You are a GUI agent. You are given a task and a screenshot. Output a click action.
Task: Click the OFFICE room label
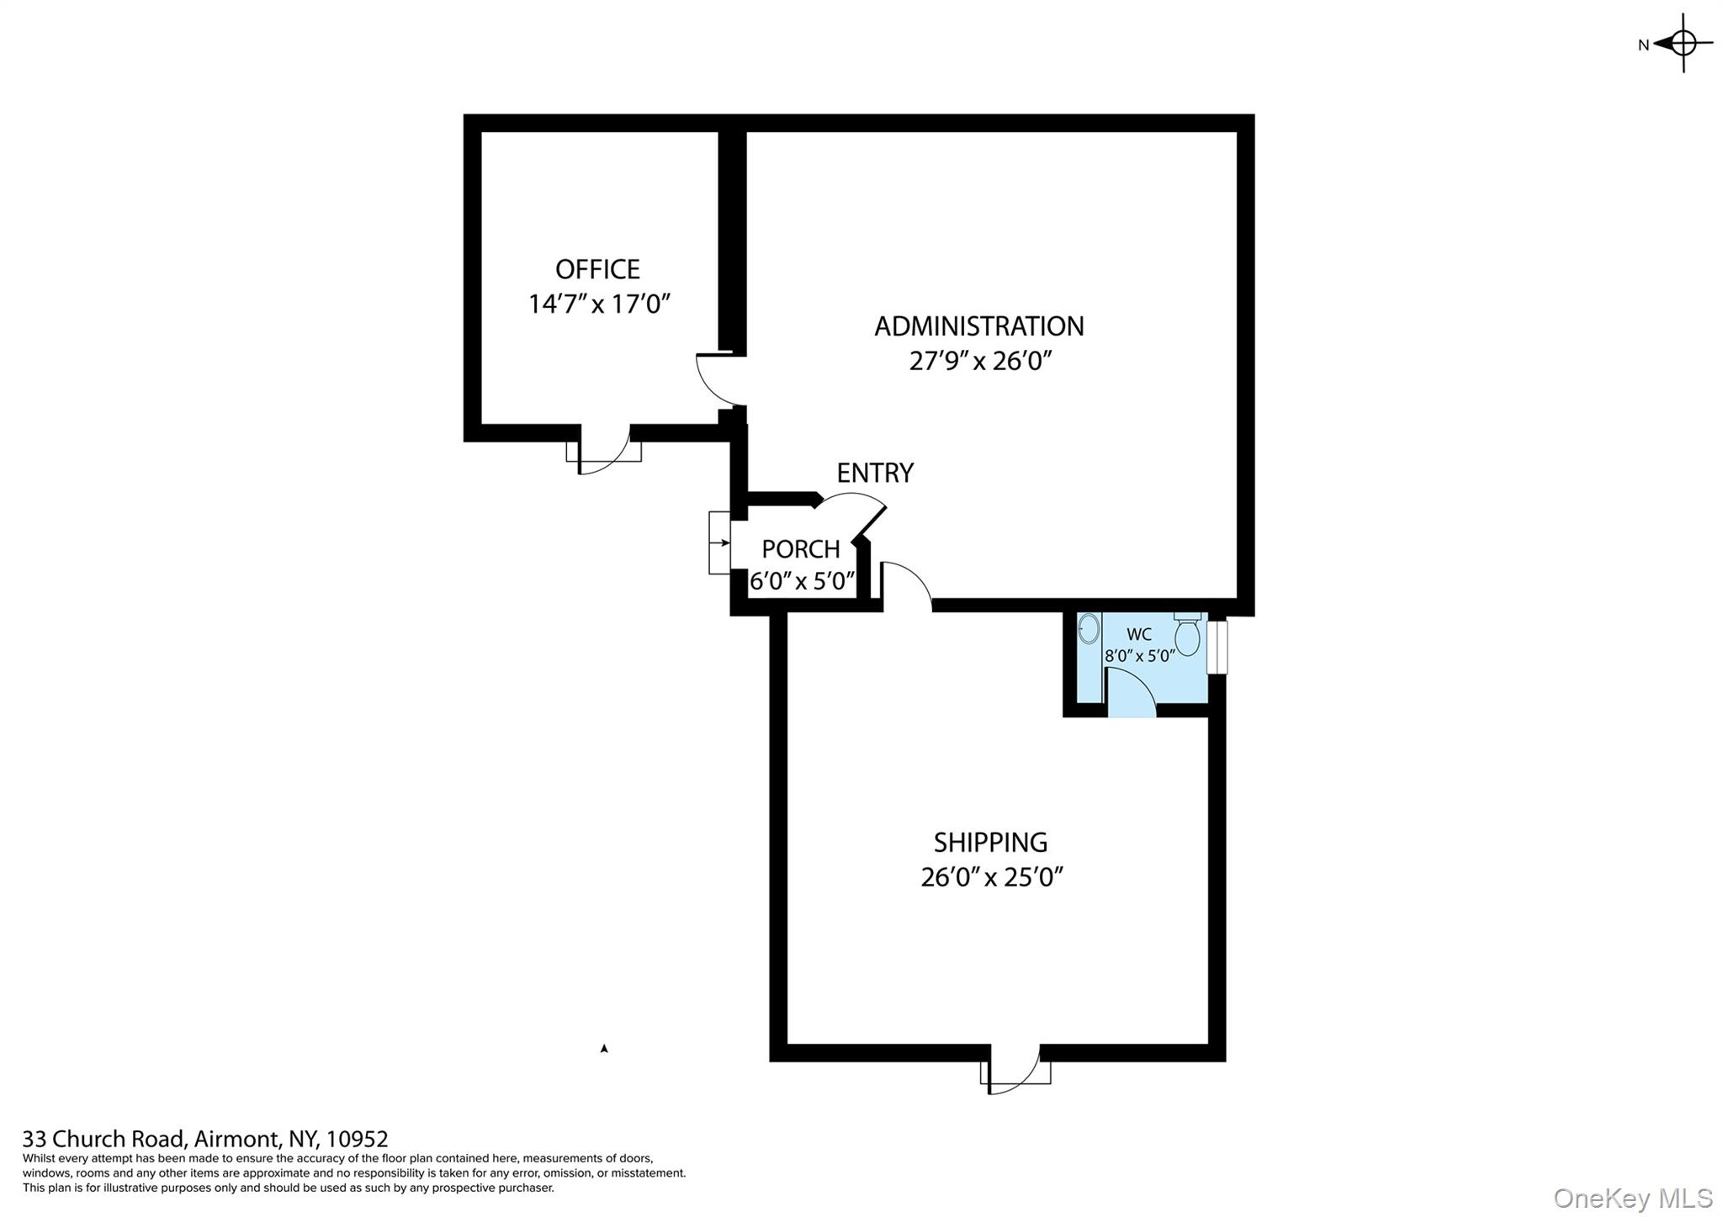[597, 269]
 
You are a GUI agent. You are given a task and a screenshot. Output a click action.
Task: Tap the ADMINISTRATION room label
[978, 326]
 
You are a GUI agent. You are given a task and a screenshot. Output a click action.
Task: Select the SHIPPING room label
[990, 842]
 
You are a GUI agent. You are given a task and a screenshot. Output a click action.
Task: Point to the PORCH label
[800, 549]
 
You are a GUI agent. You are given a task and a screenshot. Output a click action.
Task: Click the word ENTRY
[874, 473]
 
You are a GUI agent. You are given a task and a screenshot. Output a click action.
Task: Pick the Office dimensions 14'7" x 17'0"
[598, 304]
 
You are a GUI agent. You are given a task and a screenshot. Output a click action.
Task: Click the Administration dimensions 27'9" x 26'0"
[980, 361]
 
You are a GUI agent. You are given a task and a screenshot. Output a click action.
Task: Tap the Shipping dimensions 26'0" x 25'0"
[991, 877]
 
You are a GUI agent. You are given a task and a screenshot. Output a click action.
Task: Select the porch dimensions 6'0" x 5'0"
[802, 581]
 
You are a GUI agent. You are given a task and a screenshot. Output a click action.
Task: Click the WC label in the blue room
[1138, 634]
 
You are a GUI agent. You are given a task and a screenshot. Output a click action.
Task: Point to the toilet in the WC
[1186, 636]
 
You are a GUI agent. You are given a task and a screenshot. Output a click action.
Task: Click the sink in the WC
[1089, 628]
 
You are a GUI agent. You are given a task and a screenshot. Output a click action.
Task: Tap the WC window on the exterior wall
[1217, 647]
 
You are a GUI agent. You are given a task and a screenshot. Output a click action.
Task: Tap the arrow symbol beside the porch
[719, 542]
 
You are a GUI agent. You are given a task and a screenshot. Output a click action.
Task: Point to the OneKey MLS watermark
[1632, 1198]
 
